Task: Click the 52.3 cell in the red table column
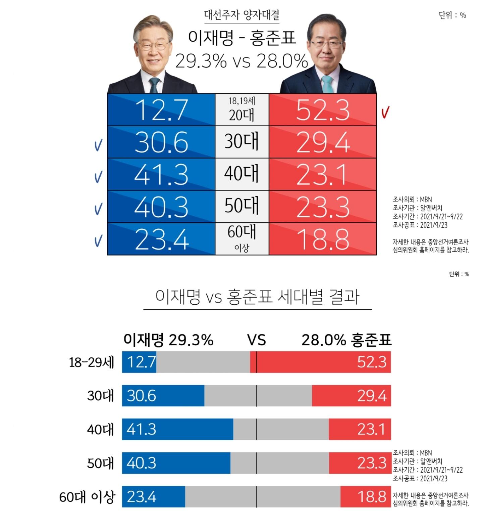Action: tap(322, 110)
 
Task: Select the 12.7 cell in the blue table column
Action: tap(161, 110)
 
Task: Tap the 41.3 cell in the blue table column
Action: tap(161, 175)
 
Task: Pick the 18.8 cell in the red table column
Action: tap(322, 239)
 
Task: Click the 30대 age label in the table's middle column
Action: tap(241, 142)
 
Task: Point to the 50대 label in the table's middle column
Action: tap(241, 206)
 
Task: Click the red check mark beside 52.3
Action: tap(385, 113)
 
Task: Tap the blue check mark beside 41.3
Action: tap(98, 177)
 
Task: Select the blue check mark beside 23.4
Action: tap(98, 241)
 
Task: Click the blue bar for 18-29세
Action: tap(139, 362)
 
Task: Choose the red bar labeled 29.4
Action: tap(351, 396)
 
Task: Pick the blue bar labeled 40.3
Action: tap(176, 463)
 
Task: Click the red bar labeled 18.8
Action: tap(366, 496)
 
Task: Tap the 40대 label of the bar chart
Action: tap(100, 429)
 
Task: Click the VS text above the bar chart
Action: tap(257, 340)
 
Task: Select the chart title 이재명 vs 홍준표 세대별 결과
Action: tap(257, 297)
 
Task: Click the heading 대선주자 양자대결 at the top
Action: tap(241, 15)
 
